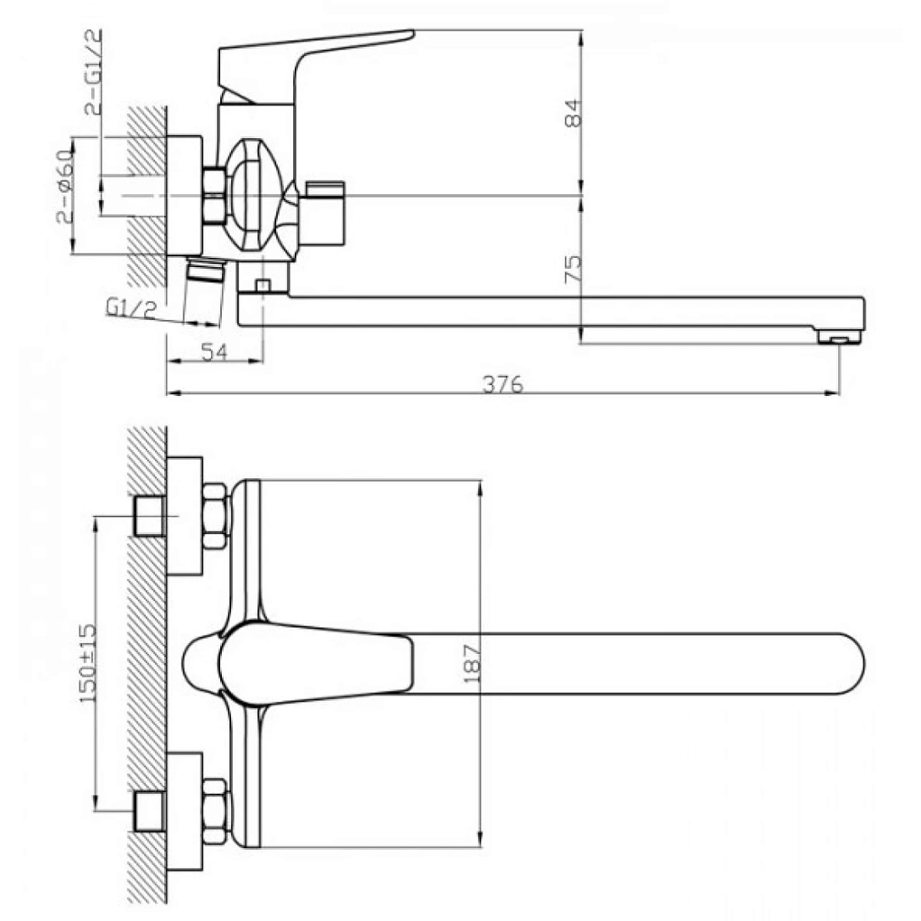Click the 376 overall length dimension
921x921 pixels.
point(502,384)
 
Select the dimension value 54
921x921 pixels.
point(214,352)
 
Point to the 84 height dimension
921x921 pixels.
point(573,113)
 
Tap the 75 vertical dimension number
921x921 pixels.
point(573,269)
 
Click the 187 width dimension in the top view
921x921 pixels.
point(472,664)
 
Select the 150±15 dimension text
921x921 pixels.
point(88,663)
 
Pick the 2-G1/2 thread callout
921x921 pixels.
point(94,71)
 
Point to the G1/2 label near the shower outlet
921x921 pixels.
point(131,307)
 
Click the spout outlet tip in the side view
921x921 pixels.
point(839,337)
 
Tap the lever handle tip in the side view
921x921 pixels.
point(410,34)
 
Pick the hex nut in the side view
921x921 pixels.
point(214,196)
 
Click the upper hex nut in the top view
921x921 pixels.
point(215,516)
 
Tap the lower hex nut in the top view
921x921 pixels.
point(215,812)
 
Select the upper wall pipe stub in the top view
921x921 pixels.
point(149,517)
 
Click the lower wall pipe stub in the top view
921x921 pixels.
point(149,812)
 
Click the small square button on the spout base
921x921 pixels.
point(263,286)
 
